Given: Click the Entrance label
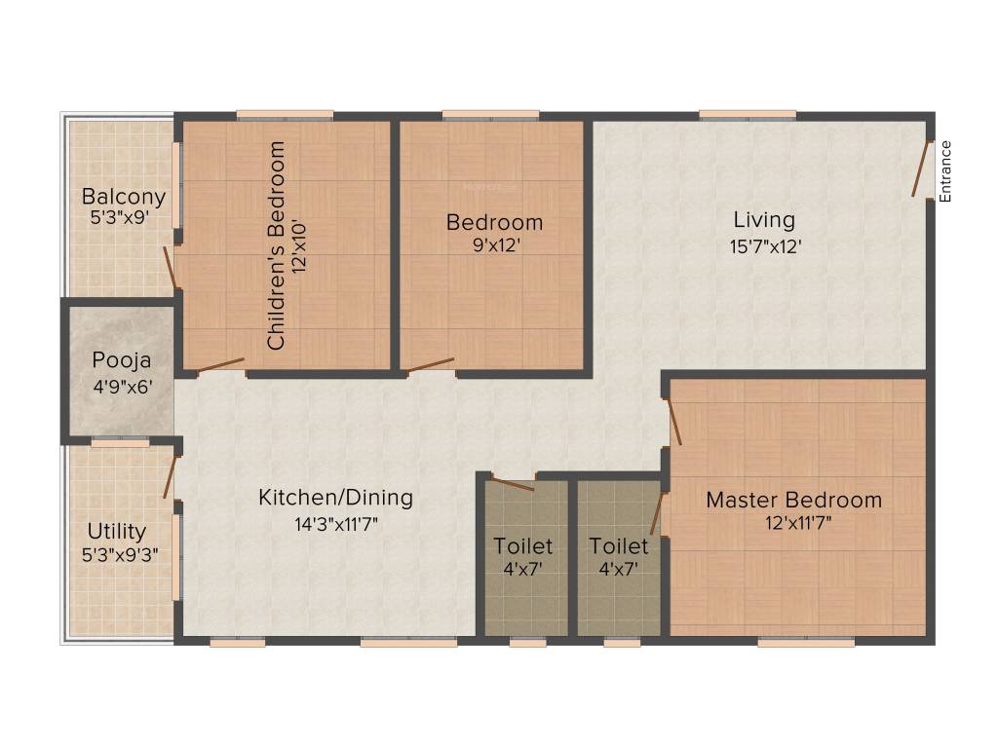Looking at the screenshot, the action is [x=945, y=171].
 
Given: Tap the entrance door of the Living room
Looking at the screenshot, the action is [x=920, y=169].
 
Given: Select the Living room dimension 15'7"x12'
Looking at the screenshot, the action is [x=765, y=246].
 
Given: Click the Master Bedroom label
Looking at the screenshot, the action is [x=793, y=500].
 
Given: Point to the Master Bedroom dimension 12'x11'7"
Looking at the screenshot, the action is [x=798, y=523].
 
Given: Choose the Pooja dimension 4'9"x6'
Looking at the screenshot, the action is [x=123, y=386].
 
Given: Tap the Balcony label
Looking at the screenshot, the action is [x=124, y=197].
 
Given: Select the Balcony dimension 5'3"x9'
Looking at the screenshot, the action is [x=120, y=217].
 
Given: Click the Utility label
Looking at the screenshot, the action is [x=117, y=531].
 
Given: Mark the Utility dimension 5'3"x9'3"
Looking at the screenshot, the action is [x=120, y=554].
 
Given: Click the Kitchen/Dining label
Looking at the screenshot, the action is [x=335, y=498].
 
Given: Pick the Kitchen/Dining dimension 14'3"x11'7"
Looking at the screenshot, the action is [x=336, y=524].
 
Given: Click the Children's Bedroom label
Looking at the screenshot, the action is [x=276, y=245].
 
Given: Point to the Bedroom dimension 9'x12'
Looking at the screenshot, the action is [x=496, y=244].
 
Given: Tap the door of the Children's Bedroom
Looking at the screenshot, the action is [x=220, y=365].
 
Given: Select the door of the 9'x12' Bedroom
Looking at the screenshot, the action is [x=431, y=365].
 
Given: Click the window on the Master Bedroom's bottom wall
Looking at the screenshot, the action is [x=806, y=643].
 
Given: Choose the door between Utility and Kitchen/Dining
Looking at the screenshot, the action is [x=170, y=476].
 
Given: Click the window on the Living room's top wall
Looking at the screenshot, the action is [x=748, y=115].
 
